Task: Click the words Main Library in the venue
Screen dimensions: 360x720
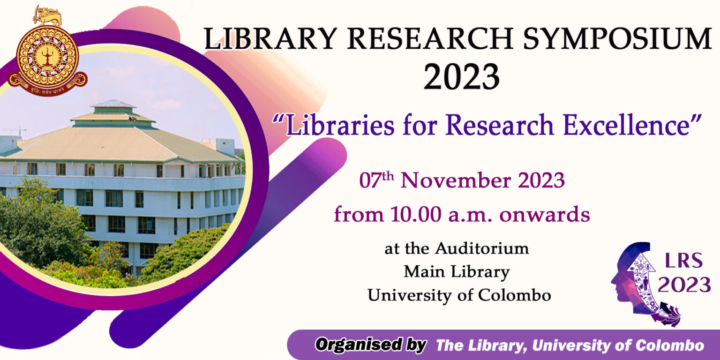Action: pyautogui.click(x=457, y=271)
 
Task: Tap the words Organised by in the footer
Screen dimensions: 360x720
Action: pyautogui.click(x=370, y=345)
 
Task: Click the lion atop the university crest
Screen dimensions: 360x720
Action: pyautogui.click(x=47, y=16)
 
